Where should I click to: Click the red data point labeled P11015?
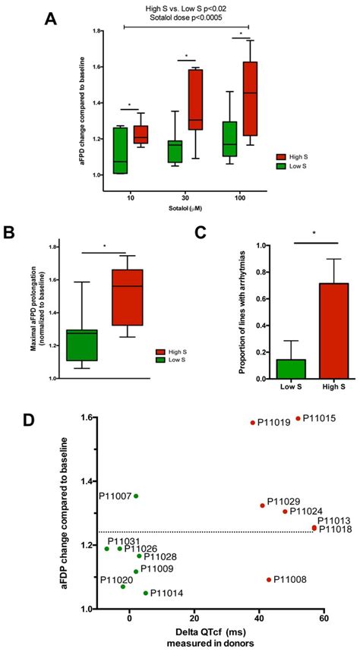tap(298, 417)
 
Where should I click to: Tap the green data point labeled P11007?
tap(136, 496)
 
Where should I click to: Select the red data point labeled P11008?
tap(269, 579)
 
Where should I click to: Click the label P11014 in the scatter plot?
tap(165, 594)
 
